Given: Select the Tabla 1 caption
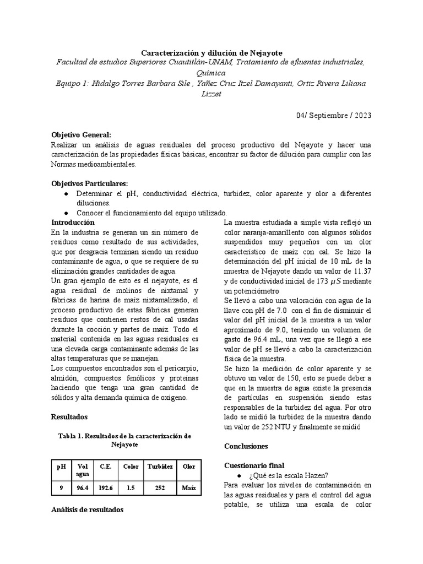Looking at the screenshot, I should click(x=124, y=440).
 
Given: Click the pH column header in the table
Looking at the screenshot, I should click(x=61, y=467).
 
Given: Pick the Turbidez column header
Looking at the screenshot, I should click(x=160, y=467).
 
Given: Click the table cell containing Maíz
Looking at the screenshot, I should click(x=188, y=487).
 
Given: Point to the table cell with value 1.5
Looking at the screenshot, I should click(x=131, y=487).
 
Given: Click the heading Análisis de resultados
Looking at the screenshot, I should click(x=87, y=510).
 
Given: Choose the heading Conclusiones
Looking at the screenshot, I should click(x=246, y=446).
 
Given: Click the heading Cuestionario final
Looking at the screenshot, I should click(x=254, y=465).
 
